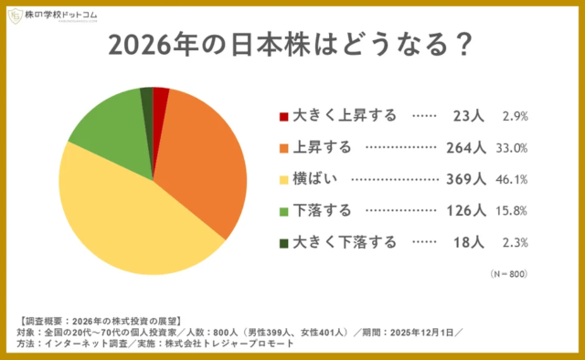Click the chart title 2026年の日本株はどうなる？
point(292,46)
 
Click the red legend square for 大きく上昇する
point(283,116)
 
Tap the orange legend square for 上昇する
point(283,147)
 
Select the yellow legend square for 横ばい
point(283,179)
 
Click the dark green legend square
point(283,242)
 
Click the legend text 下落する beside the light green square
point(322,211)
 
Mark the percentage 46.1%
point(515,179)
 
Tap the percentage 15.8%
point(515,211)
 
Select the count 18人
point(471,242)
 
